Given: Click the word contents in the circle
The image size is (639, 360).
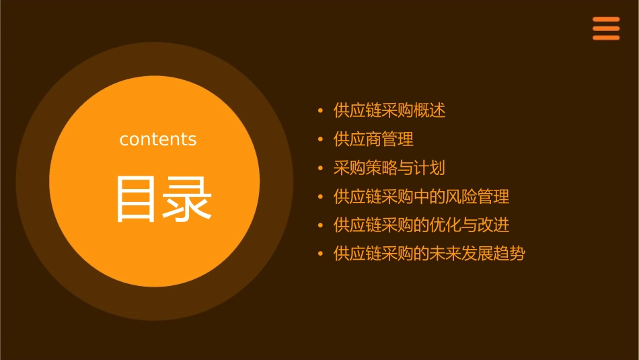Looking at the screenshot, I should click(158, 139).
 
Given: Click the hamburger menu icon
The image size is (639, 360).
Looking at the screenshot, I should click(605, 28).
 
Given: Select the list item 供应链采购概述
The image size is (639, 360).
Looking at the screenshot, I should click(389, 110).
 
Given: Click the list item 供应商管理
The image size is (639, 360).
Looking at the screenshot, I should click(373, 139).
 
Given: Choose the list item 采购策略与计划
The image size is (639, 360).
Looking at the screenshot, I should click(389, 168).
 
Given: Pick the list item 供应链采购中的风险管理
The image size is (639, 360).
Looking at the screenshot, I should click(421, 196).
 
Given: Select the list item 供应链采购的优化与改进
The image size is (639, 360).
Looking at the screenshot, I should click(421, 225).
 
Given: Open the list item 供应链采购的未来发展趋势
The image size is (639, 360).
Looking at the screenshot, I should click(429, 254).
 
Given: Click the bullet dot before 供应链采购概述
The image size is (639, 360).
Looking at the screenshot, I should click(321, 110).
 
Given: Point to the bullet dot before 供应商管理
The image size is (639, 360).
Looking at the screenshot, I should click(321, 139).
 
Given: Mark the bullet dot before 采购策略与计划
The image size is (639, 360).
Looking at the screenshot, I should click(321, 168).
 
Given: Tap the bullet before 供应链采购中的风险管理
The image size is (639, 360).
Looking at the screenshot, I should click(321, 196).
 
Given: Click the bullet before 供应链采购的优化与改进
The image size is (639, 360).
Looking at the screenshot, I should click(321, 225).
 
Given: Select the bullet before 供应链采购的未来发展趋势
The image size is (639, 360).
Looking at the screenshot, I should click(321, 254).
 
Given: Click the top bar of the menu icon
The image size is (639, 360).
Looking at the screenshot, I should click(605, 20).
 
